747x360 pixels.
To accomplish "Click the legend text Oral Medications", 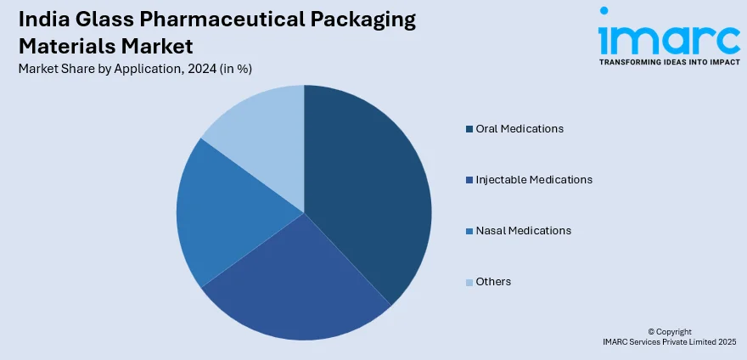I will tap(520, 129).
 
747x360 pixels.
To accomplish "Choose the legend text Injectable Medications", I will tap(534, 180).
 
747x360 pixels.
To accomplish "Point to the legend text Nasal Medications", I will tap(524, 231).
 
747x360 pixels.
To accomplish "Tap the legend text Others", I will tap(493, 282).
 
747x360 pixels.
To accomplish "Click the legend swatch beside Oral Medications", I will tap(469, 129).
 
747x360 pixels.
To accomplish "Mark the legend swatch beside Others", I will tap(469, 282).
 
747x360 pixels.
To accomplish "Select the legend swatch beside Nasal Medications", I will tap(469, 231).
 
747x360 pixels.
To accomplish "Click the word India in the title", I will tap(42, 21).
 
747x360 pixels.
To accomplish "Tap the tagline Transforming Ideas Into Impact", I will tap(669, 63).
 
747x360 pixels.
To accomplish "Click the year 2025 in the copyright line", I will tap(727, 341).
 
